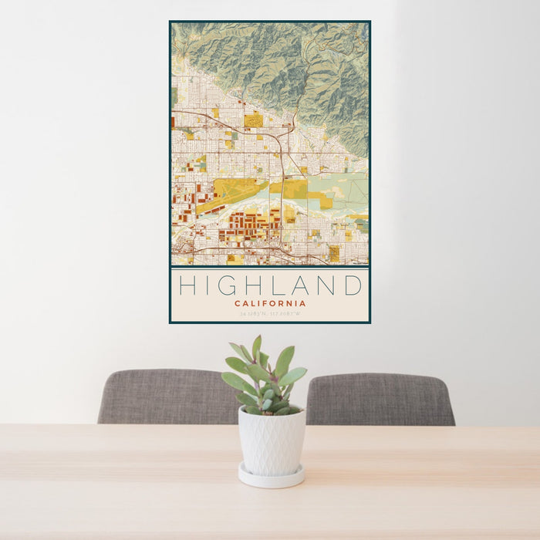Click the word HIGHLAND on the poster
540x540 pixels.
pyautogui.click(x=270, y=286)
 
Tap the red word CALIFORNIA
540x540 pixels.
pyautogui.click(x=270, y=303)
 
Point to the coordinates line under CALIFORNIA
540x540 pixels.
pyautogui.click(x=270, y=314)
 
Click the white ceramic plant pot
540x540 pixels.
pyautogui.click(x=271, y=440)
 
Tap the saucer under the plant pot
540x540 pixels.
pyautogui.click(x=271, y=477)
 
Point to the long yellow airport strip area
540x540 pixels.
pyautogui.click(x=231, y=193)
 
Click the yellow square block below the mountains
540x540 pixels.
pyautogui.click(x=253, y=119)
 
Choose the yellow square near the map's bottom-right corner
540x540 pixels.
pyautogui.click(x=334, y=253)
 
